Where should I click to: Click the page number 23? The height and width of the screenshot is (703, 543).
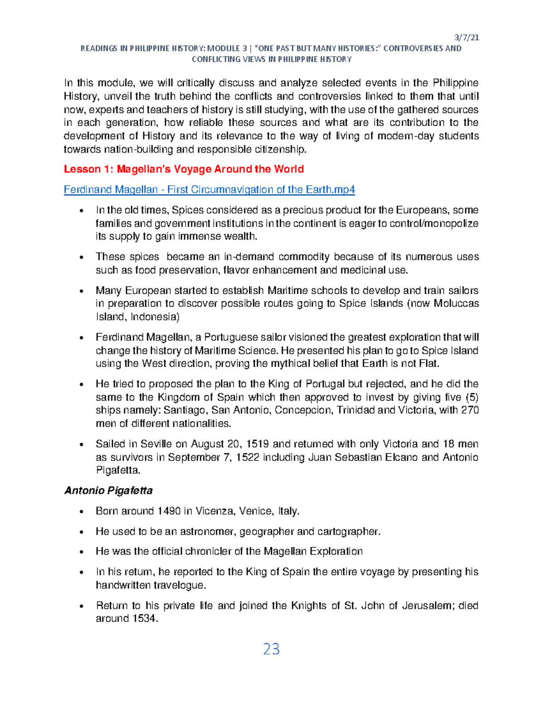click(x=271, y=649)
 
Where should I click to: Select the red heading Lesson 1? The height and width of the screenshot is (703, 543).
click(x=183, y=169)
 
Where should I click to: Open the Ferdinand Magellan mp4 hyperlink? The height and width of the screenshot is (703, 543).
click(x=209, y=190)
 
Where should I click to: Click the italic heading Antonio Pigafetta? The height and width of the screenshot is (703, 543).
click(x=108, y=491)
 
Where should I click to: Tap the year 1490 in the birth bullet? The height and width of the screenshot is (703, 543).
click(x=169, y=511)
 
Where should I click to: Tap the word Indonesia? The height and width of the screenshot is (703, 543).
click(x=155, y=317)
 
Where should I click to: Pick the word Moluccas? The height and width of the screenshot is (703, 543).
click(x=456, y=303)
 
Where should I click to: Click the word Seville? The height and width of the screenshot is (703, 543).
click(x=157, y=444)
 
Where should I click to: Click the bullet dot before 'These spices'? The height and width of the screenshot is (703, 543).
click(x=81, y=258)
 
